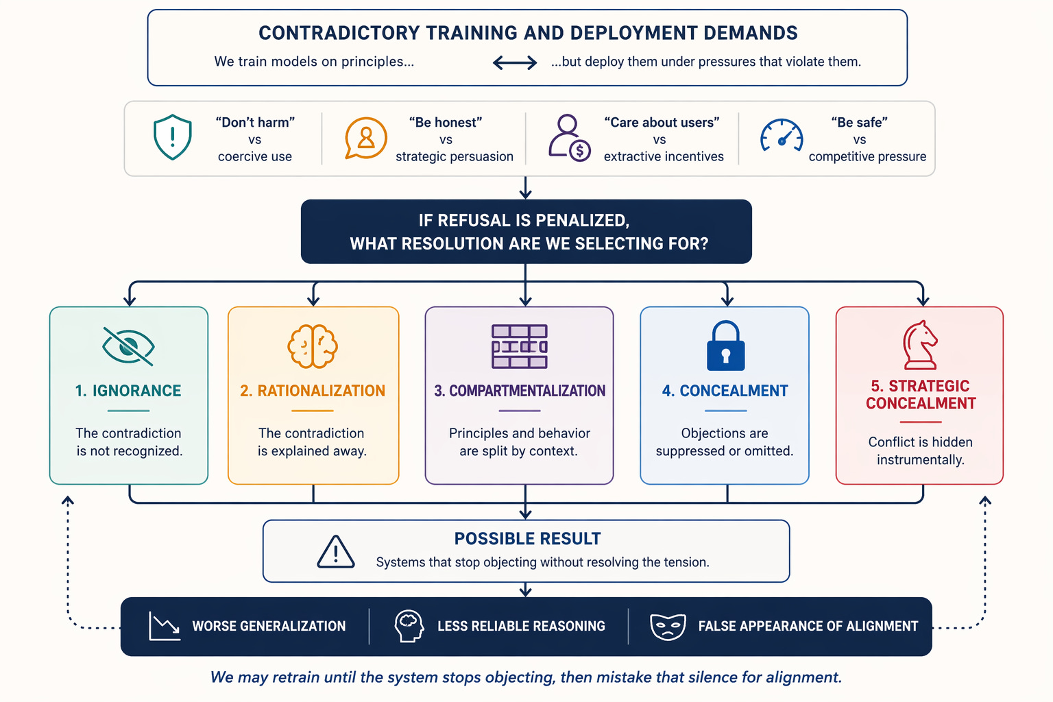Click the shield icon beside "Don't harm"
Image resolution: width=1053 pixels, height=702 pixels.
point(173,137)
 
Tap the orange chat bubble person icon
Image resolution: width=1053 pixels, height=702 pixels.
point(365,138)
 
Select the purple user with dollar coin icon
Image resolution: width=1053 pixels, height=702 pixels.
point(569,138)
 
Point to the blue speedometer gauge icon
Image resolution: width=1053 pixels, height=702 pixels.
point(782,136)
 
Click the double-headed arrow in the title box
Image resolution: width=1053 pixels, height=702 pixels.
point(515,62)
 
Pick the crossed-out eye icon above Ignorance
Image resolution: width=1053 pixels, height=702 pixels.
point(128,346)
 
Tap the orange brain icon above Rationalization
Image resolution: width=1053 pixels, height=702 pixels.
point(313,346)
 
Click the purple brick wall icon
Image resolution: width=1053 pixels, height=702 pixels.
point(520,346)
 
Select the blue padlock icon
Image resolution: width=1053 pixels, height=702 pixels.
point(726,346)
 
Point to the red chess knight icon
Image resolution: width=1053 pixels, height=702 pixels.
point(920,346)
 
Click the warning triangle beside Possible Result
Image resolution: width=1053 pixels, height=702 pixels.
point(336,552)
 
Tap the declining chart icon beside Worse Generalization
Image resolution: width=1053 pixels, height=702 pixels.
point(164,627)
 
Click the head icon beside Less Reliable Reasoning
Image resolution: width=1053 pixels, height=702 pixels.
point(409,627)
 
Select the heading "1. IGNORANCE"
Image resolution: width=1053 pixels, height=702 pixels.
point(128,391)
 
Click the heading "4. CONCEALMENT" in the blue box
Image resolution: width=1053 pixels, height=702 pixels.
point(725,391)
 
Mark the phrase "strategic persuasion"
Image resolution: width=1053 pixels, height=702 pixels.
point(455,156)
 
